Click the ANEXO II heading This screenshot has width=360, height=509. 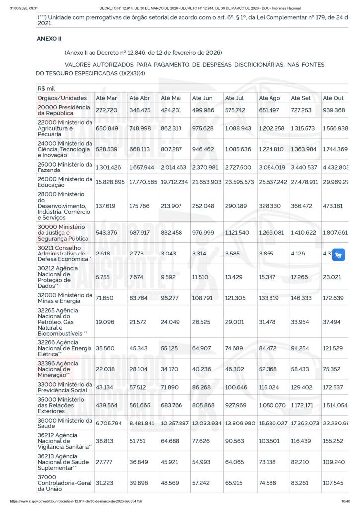pos(49,38)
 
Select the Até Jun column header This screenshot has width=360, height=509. pos(202,98)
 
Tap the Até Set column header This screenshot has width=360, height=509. pos(300,98)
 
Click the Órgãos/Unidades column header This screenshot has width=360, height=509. pos(62,98)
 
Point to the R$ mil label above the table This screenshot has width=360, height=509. pos(46,88)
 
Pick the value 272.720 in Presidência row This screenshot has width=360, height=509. pos(106,110)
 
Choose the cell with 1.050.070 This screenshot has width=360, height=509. pos(273,405)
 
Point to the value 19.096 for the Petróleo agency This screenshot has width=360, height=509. pos(105,321)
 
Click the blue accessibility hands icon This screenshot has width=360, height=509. pos(339,254)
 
